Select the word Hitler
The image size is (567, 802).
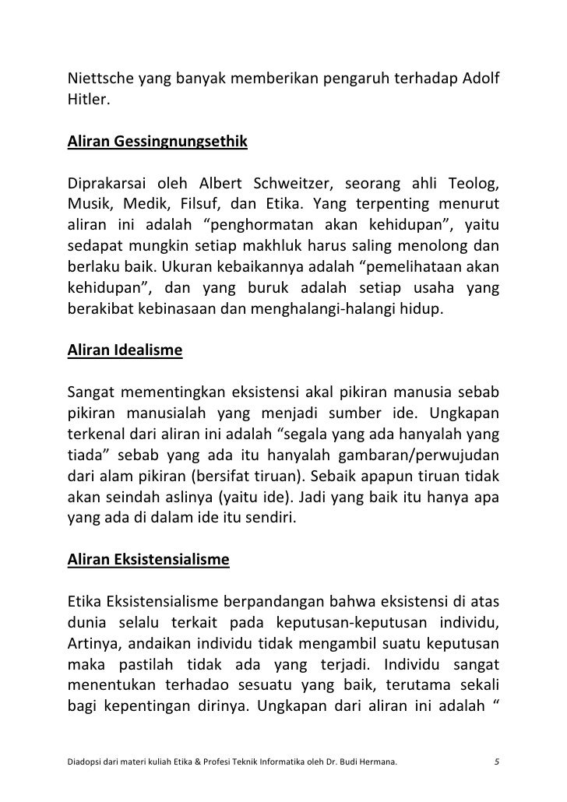click(x=85, y=100)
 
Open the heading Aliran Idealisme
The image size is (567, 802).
click(x=125, y=350)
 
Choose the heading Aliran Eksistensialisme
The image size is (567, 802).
click(x=149, y=560)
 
